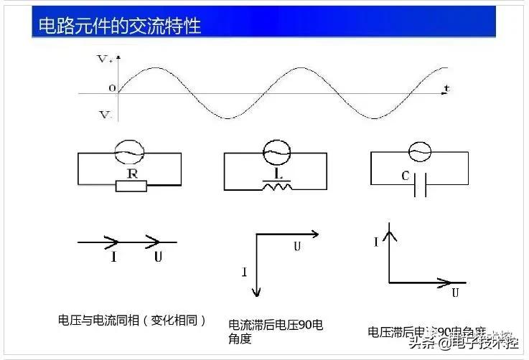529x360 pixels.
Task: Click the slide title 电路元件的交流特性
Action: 119,26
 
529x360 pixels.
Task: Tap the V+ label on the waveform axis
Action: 106,60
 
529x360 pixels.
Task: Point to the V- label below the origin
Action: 105,115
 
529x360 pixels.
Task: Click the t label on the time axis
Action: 446,88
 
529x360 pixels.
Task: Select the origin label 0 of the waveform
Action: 112,88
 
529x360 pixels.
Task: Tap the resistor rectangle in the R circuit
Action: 131,186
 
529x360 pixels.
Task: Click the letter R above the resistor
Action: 131,173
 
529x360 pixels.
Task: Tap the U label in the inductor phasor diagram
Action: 297,247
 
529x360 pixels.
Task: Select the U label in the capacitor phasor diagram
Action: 455,293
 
